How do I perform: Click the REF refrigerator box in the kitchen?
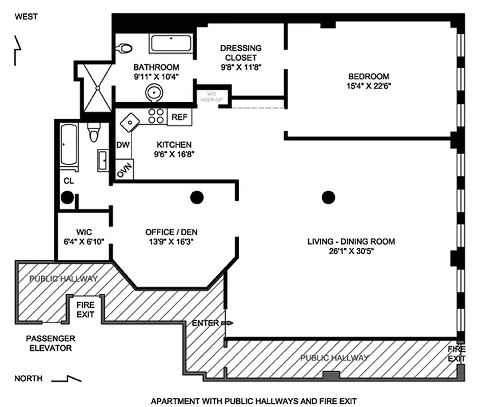179,117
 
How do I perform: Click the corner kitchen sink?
130,122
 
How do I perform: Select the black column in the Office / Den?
196,197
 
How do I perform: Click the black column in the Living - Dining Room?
329,196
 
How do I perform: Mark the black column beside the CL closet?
67,197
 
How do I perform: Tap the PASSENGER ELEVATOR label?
50,343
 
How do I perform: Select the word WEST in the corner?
26,17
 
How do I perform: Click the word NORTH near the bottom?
28,379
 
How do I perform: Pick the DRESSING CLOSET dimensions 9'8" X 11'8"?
241,66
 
